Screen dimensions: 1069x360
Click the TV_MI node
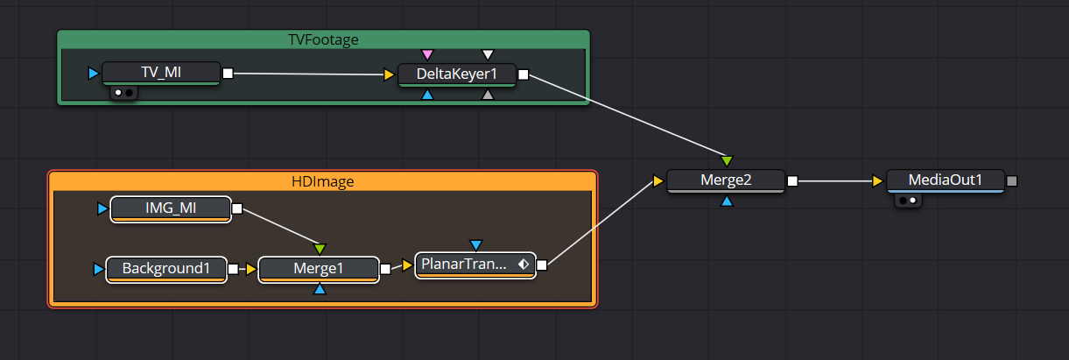[x=161, y=73]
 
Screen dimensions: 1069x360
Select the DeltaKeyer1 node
[x=457, y=74]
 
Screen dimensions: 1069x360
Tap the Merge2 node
[x=726, y=181]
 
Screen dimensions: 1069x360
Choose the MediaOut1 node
[x=946, y=181]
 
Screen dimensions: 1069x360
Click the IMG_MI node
[x=171, y=209]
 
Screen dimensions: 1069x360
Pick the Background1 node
[x=166, y=270]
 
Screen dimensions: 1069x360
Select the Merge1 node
[x=319, y=270]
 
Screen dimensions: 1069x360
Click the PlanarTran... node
[x=475, y=265]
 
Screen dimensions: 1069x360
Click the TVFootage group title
[x=323, y=39]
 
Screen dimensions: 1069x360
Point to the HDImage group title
[x=322, y=181]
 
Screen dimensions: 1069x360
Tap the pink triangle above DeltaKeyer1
[x=427, y=54]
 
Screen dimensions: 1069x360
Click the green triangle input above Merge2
[x=727, y=161]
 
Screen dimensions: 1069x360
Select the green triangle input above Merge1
[x=320, y=249]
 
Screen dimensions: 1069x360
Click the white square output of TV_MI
[x=229, y=74]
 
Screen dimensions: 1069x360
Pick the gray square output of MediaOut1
[x=1012, y=181]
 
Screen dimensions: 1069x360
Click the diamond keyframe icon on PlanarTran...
[x=524, y=264]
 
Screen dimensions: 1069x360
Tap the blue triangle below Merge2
[x=727, y=201]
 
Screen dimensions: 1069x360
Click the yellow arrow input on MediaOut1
[x=877, y=181]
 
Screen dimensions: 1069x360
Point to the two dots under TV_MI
[x=123, y=93]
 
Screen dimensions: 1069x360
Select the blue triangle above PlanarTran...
[x=475, y=245]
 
